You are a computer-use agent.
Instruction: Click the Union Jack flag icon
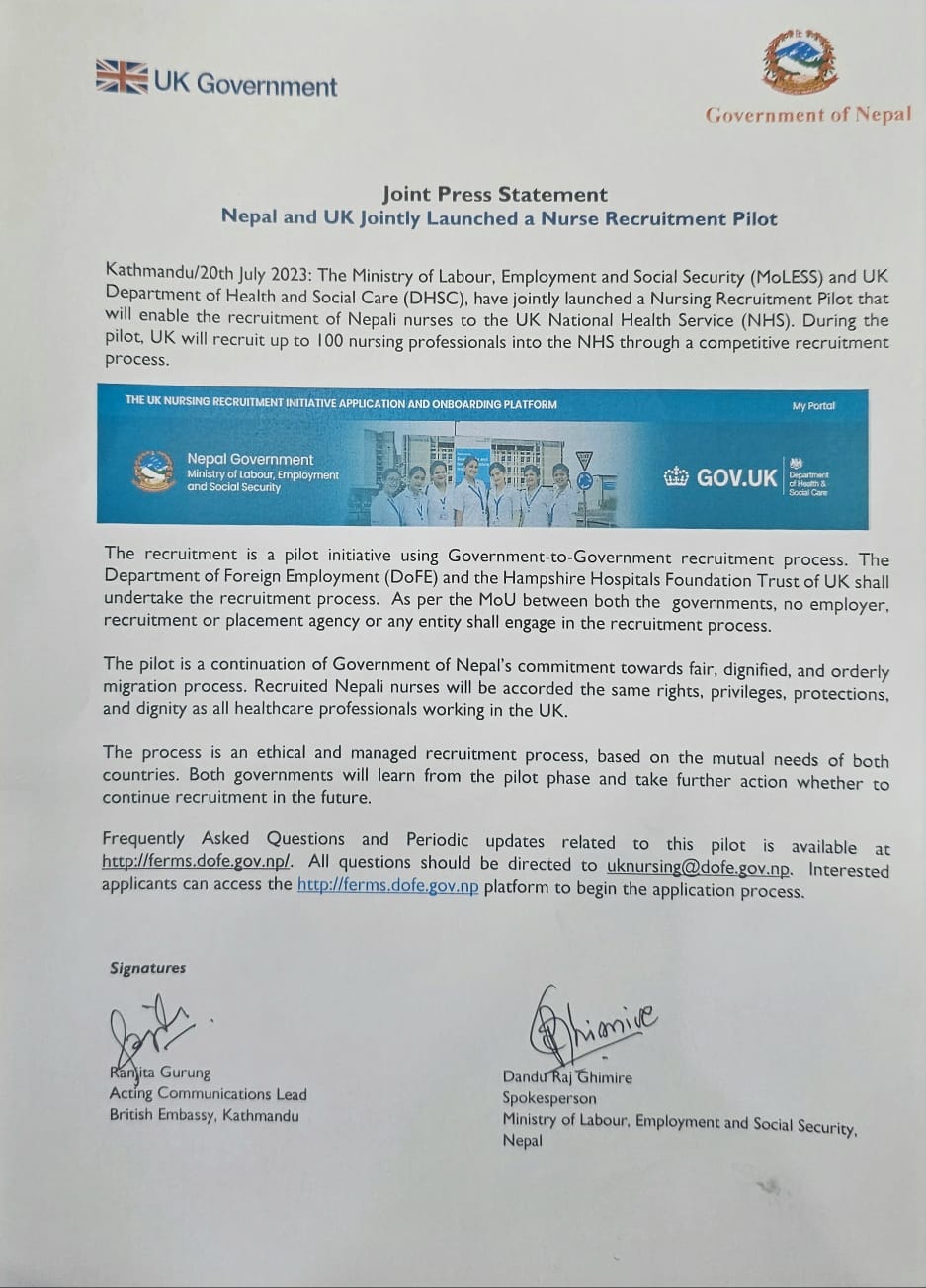[x=122, y=77]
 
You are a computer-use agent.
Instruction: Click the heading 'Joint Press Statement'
[x=494, y=194]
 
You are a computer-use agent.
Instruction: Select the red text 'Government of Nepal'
[x=808, y=115]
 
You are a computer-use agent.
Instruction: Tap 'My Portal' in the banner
[x=812, y=406]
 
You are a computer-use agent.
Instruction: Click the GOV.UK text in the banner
[x=736, y=478]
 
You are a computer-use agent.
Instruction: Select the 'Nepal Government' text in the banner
[x=250, y=459]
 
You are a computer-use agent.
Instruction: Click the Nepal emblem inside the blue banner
[x=154, y=472]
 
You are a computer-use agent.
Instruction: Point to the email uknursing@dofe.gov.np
[x=699, y=868]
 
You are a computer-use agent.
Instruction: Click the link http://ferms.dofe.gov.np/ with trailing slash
[x=197, y=861]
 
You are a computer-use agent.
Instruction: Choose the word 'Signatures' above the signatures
[x=147, y=968]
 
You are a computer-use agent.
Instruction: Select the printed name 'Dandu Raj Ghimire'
[x=567, y=1076]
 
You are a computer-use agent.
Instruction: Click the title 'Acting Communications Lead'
[x=208, y=1093]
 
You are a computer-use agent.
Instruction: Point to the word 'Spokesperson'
[x=549, y=1098]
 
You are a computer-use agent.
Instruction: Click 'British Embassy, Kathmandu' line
[x=204, y=1115]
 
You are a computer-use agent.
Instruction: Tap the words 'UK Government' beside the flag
[x=245, y=85]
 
